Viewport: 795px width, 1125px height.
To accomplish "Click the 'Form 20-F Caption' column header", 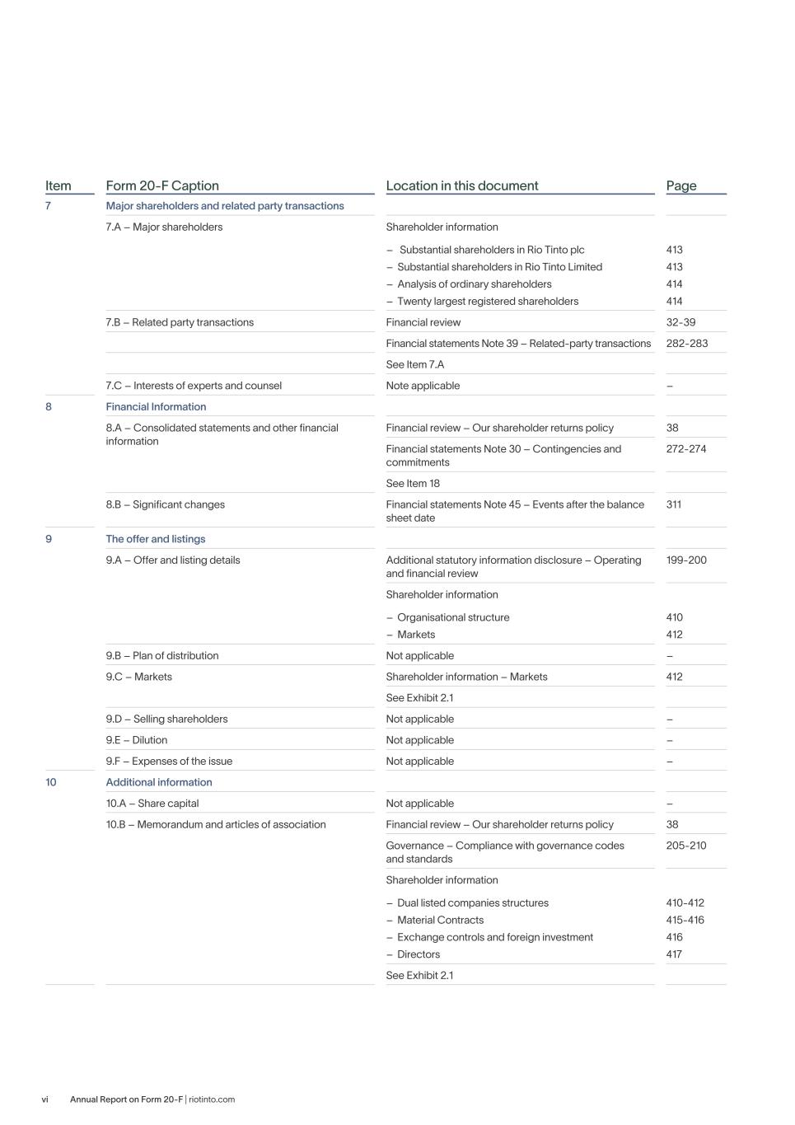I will point(162,185).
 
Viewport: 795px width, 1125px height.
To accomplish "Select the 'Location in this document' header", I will point(461,185).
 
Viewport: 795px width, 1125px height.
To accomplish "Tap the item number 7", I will point(48,206).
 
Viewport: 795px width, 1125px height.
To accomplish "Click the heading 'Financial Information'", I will point(156,406).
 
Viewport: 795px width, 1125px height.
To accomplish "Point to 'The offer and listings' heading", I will point(155,539).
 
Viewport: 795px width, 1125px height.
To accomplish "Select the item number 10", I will point(51,782).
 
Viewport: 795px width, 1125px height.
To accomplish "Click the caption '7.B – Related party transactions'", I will point(180,322).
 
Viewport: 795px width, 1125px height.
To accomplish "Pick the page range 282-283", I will point(686,344).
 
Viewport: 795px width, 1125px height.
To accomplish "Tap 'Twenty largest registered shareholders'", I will point(488,302).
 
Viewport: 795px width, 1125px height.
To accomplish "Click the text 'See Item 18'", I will point(413,484).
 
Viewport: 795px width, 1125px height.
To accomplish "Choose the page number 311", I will point(673,504).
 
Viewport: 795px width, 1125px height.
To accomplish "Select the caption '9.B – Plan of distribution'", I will point(162,656).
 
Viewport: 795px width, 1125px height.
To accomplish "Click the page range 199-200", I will point(685,560).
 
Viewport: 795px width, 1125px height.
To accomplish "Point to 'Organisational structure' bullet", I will point(453,617).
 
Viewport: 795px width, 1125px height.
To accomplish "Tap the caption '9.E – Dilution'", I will point(136,740).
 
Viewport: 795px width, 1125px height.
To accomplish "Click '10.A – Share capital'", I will point(152,804).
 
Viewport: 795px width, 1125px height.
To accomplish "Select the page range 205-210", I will point(685,846).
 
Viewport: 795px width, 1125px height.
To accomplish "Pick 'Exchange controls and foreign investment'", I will point(495,937).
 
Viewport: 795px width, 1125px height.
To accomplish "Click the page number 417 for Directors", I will point(674,954).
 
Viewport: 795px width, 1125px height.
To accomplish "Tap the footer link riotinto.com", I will point(212,1099).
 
